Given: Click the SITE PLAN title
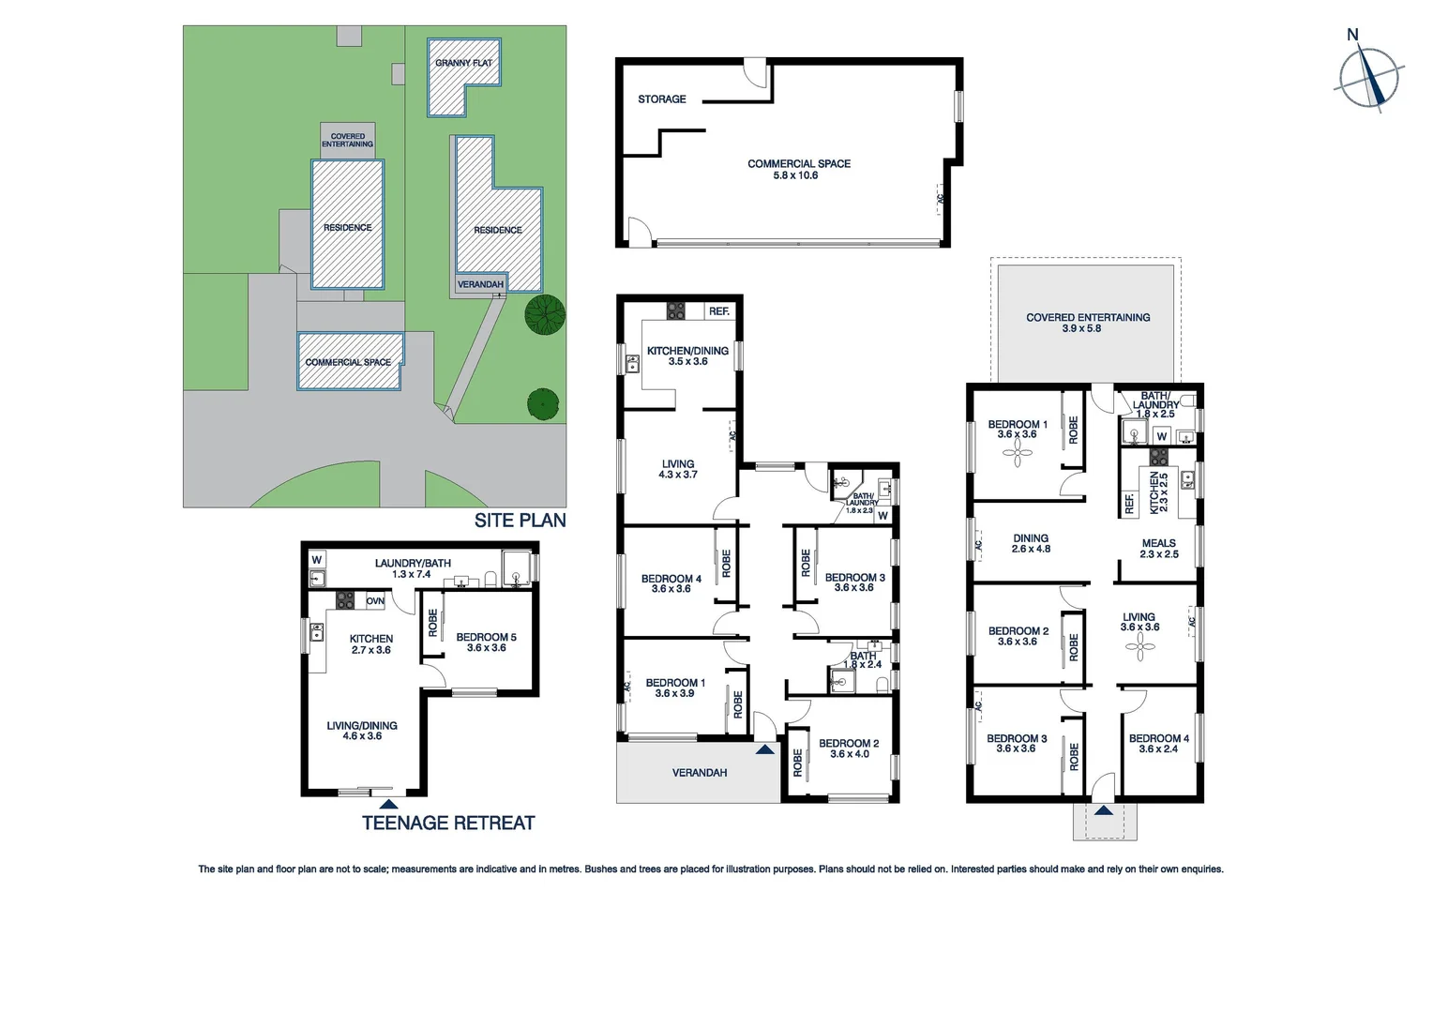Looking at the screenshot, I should point(520,521).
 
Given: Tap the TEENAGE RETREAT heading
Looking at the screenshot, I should point(448,824).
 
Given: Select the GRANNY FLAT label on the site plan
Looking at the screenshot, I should point(463,63).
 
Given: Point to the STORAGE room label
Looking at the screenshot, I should point(661,99).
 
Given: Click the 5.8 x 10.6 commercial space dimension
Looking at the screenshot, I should point(795,175).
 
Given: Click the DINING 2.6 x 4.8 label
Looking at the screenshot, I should point(1031,544).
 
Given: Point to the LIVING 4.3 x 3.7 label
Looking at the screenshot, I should point(678,469).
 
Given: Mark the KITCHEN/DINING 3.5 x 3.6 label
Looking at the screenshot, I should point(687,355).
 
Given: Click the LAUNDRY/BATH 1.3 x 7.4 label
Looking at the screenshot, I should point(413,568).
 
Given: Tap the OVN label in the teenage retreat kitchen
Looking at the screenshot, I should point(375,601).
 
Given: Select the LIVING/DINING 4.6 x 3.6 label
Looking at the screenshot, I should point(362,731).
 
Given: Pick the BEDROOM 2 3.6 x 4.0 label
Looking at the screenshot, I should point(849,748).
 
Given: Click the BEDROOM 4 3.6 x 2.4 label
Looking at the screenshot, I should point(1158,744).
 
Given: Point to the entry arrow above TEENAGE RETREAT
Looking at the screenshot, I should point(388,804).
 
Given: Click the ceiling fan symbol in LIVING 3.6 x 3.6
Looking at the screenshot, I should point(1139,645).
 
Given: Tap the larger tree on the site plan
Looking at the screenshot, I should point(545,314).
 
